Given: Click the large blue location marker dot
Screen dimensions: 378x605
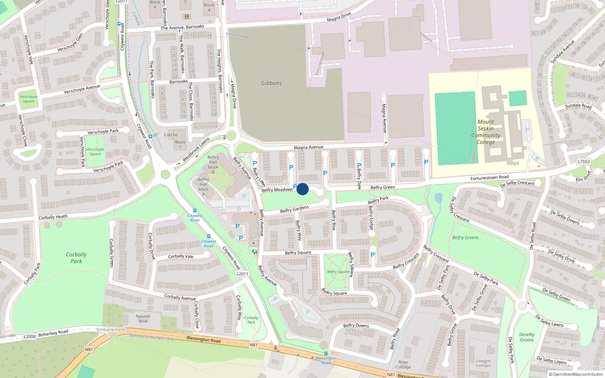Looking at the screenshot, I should point(302,189).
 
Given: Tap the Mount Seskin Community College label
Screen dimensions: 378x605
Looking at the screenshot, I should point(486,132).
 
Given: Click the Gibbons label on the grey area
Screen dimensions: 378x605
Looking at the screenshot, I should point(271,83).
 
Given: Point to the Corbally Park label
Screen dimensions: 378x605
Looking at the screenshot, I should point(76,258).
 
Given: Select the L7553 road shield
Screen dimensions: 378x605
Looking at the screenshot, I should point(583,161).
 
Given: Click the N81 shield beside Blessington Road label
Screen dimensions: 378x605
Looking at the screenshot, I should point(253,345).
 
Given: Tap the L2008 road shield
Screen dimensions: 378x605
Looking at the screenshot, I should point(29,336).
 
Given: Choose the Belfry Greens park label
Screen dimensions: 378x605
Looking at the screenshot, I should point(465,238).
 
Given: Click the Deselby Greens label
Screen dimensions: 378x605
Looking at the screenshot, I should point(527,337).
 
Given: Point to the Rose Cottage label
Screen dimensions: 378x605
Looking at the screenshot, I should point(403,364).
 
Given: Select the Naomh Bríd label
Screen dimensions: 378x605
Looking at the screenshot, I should point(143,319).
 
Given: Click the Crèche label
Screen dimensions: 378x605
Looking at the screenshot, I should point(171,135).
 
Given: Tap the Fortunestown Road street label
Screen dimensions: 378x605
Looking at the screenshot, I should point(489,178).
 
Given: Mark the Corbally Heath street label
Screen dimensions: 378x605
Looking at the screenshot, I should point(53,217).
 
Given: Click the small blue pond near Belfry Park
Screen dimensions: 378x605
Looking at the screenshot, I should point(438,198).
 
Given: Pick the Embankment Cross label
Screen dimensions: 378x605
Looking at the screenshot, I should point(111,332).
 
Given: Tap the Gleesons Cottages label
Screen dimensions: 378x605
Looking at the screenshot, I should point(483,363).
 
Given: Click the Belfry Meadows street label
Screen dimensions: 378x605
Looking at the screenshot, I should point(277,190).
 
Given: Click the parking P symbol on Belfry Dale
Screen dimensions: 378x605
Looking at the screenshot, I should point(359,166).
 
